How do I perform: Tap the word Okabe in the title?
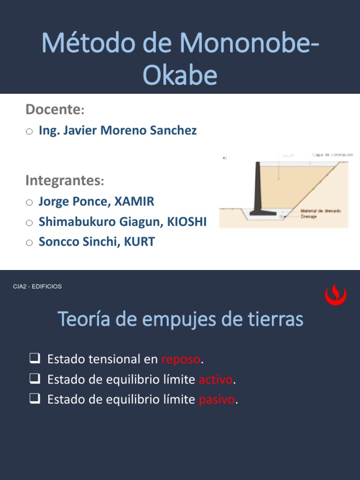pyautogui.click(x=180, y=75)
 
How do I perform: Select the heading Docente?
pyautogui.click(x=53, y=110)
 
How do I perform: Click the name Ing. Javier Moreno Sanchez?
pyautogui.click(x=118, y=130)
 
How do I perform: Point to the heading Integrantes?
pyautogui.click(x=63, y=180)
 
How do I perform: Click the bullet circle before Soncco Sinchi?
pyautogui.click(x=29, y=243)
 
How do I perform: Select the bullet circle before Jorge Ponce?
pyautogui.click(x=29, y=202)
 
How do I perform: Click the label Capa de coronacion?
pyautogui.click(x=332, y=154)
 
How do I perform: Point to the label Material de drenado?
pyautogui.click(x=321, y=211)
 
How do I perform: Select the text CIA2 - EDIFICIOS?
pyautogui.click(x=37, y=286)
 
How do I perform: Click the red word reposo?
pyautogui.click(x=181, y=360)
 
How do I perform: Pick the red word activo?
pyautogui.click(x=216, y=380)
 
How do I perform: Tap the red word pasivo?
pyautogui.click(x=217, y=400)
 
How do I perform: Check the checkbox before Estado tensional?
pyautogui.click(x=34, y=359)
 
